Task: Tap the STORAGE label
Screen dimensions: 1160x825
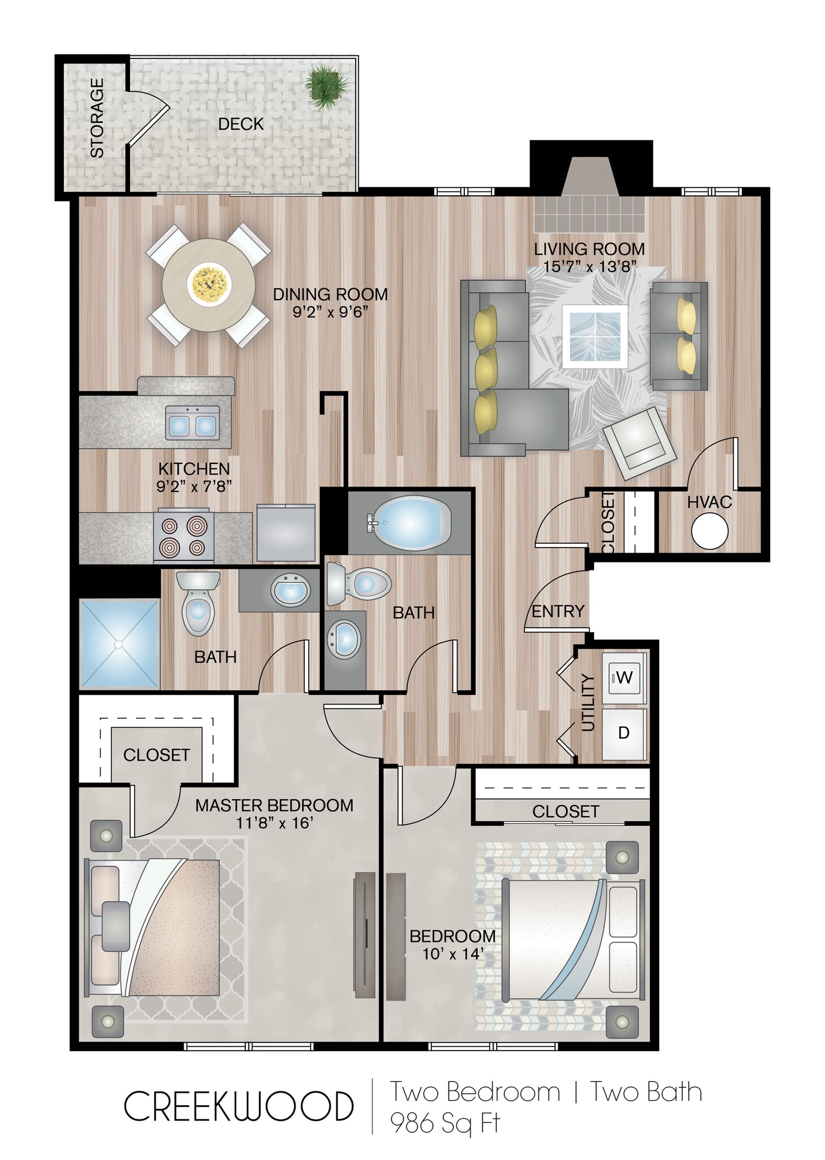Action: click(97, 117)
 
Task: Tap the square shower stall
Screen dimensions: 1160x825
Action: click(118, 643)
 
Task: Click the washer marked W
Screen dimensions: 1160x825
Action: click(623, 677)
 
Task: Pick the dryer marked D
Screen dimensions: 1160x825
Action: click(623, 733)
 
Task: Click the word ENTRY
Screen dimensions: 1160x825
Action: click(558, 611)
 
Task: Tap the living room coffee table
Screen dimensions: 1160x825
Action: click(595, 334)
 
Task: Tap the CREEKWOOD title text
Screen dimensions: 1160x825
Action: click(238, 1106)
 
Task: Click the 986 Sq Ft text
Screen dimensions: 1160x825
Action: click(445, 1123)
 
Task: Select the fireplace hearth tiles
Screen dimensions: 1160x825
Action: click(589, 214)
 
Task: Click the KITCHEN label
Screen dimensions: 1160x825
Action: click(194, 469)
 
